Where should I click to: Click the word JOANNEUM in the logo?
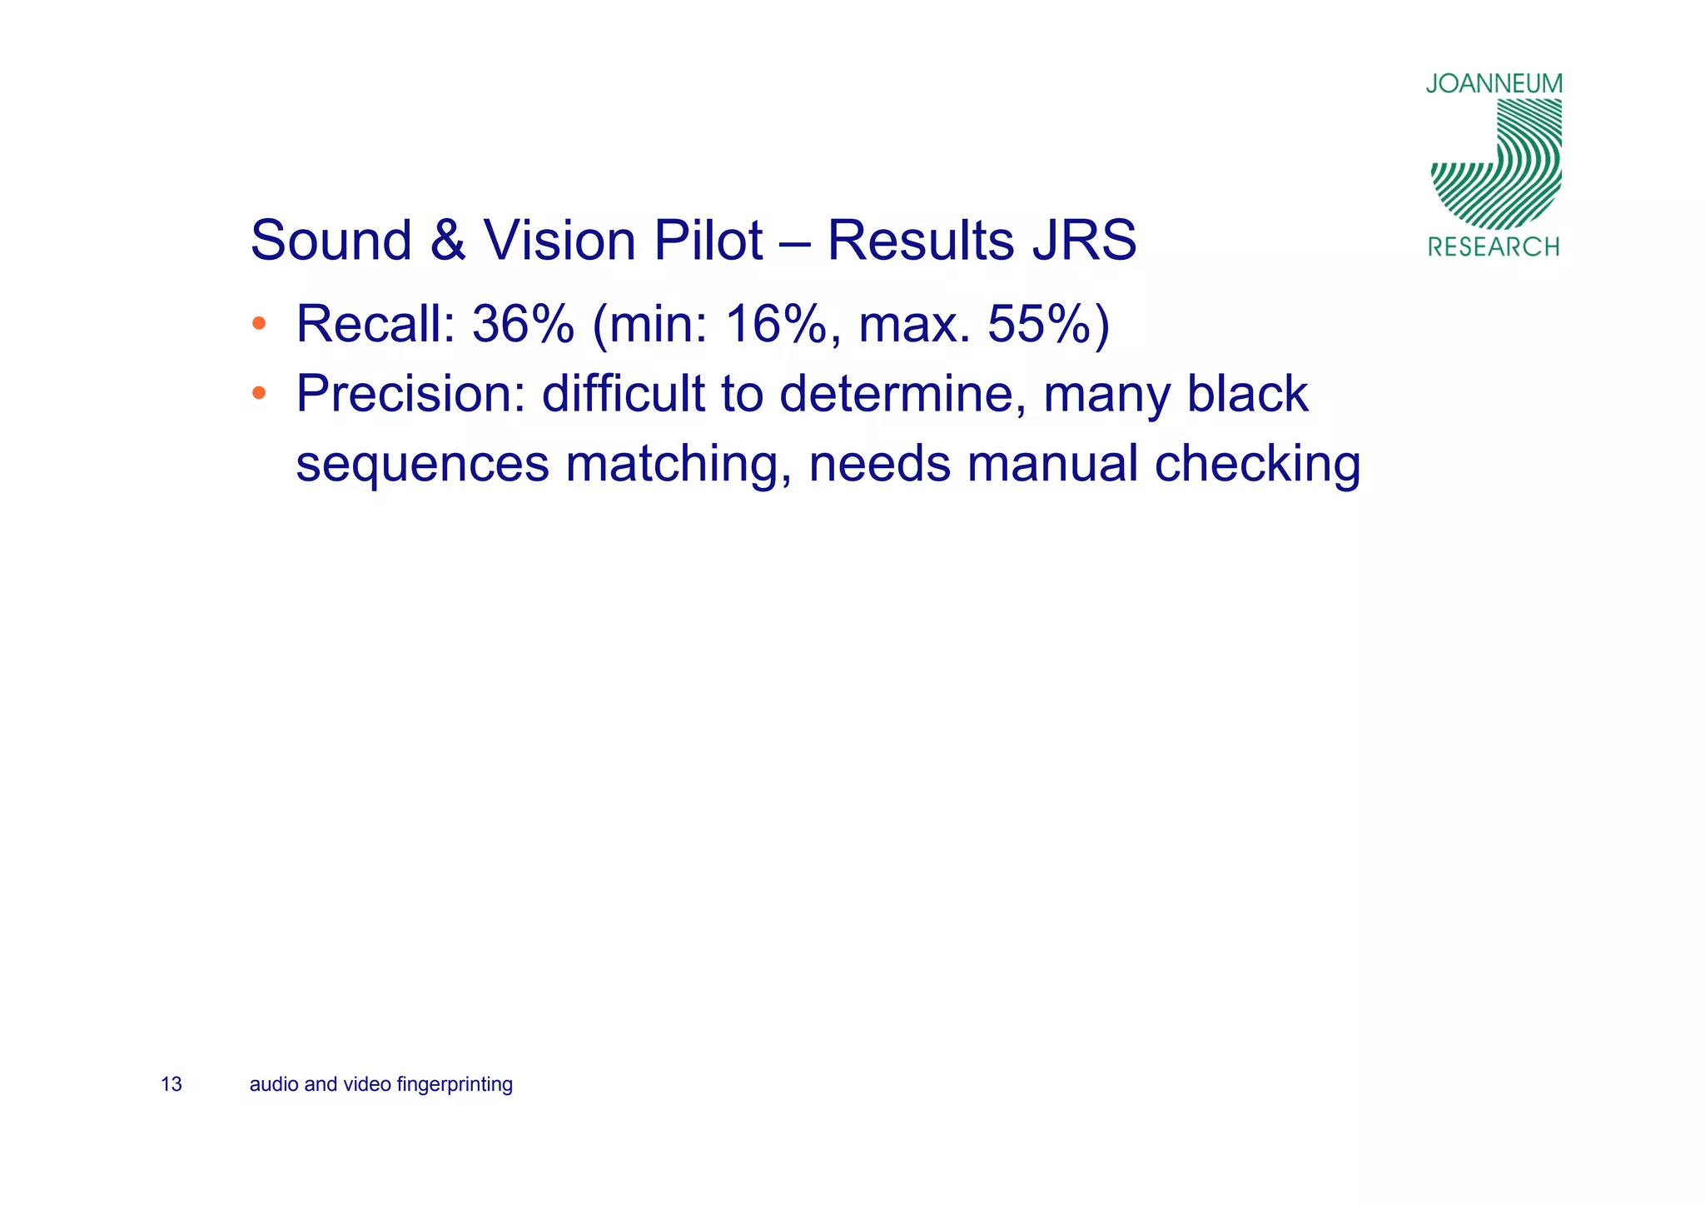pyautogui.click(x=1494, y=84)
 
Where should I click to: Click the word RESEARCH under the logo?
pyautogui.click(x=1494, y=246)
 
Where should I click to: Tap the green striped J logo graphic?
pyautogui.click(x=1496, y=165)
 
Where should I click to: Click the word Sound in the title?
pyautogui.click(x=331, y=241)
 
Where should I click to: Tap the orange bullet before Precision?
pyautogui.click(x=259, y=392)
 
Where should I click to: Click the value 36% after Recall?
pyautogui.click(x=523, y=324)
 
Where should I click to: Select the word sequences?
pyautogui.click(x=422, y=464)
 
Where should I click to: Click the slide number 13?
pyautogui.click(x=171, y=1084)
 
